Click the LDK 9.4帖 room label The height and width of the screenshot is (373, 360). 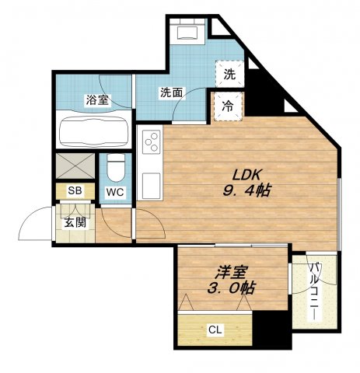(246, 183)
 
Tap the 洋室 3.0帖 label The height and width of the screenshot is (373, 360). (232, 281)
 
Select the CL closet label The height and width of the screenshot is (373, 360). (215, 329)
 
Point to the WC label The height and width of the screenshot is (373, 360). (115, 192)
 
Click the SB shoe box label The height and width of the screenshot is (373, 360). (75, 191)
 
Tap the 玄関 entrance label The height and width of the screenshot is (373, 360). (75, 222)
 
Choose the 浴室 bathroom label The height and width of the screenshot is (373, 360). (97, 100)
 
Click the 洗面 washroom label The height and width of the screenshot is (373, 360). (171, 92)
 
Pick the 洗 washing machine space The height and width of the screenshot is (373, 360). (230, 74)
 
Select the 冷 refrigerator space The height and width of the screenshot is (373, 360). (228, 106)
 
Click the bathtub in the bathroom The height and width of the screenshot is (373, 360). (94, 132)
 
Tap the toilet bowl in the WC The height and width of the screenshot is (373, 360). (116, 168)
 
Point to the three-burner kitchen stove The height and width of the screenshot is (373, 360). (152, 142)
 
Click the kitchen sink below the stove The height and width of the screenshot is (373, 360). (152, 186)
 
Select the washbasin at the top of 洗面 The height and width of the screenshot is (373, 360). (187, 32)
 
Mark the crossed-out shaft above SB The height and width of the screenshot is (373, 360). (75, 166)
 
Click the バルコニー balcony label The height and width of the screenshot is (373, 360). (315, 291)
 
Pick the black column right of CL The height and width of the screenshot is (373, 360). (272, 329)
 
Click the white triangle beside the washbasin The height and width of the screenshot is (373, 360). (219, 27)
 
